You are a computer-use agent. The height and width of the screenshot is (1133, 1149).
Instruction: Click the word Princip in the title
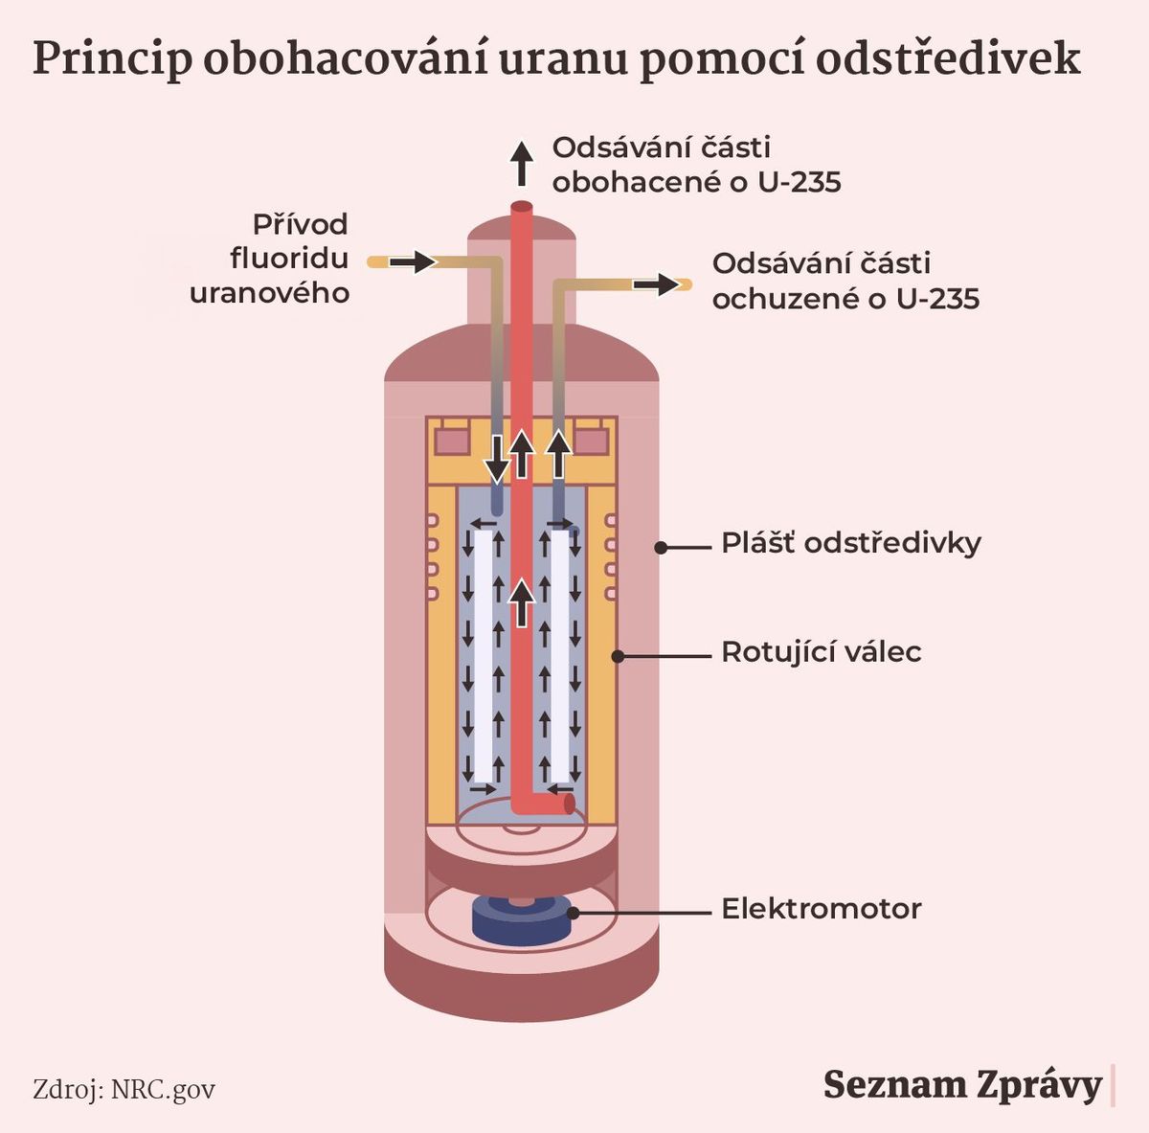112,59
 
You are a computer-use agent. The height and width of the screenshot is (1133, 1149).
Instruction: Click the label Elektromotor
821,909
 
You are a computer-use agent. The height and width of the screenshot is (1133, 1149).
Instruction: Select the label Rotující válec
821,652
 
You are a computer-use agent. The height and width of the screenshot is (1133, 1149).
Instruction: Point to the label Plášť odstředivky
851,544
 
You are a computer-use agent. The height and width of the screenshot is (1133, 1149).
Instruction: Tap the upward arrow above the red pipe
522,164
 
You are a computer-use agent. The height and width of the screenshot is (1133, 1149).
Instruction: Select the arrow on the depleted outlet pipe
656,284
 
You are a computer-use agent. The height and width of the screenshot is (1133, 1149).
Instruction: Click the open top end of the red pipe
522,207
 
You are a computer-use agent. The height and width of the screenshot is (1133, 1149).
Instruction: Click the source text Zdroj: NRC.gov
124,1090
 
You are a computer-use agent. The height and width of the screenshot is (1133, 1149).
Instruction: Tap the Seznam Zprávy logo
962,1085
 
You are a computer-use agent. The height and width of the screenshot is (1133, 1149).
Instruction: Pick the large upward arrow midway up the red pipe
523,602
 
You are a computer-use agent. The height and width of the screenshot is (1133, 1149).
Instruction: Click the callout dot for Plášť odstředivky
661,547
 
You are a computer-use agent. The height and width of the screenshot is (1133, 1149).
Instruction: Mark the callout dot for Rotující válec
618,656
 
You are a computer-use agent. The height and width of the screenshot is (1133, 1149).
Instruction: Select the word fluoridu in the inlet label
289,259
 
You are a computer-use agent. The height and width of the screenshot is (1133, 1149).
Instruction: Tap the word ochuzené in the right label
784,298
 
